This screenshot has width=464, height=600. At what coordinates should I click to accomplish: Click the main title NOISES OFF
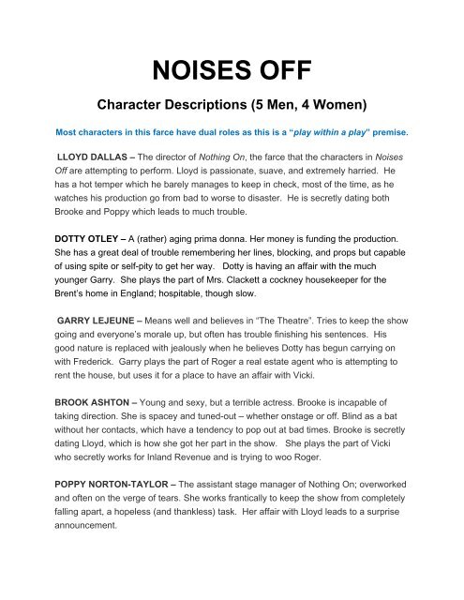(232, 73)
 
